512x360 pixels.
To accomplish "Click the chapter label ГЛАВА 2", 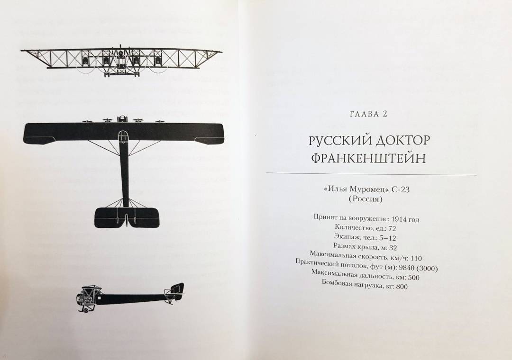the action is point(368,114).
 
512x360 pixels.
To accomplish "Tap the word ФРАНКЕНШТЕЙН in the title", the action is point(368,158).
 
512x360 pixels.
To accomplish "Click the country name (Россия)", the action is point(366,199).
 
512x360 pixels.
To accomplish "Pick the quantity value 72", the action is point(391,228).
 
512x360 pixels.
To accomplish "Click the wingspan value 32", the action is point(393,248).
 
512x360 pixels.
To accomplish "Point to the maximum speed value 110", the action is point(416,258).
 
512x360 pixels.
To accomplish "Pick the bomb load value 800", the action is point(402,287).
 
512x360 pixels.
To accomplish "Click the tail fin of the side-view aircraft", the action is point(177,289).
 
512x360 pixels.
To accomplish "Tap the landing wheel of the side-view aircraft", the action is point(85,310).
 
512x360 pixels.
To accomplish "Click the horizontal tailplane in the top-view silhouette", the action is point(127,217).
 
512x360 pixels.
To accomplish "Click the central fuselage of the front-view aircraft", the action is point(122,63).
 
